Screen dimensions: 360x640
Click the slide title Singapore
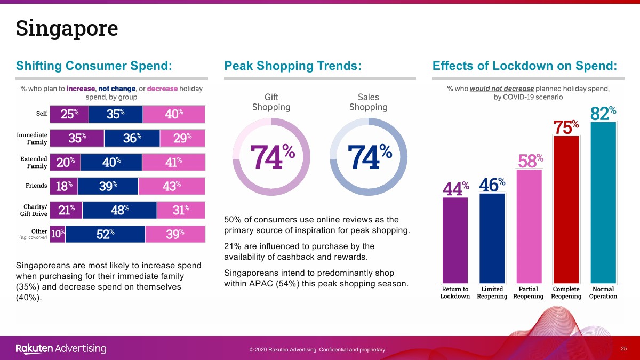coord(67,28)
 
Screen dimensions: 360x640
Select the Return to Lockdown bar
coord(455,240)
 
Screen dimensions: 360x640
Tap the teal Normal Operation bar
coord(603,203)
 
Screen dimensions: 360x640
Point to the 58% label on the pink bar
coord(531,161)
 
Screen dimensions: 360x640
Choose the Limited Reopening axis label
coord(492,293)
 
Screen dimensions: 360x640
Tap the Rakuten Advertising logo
coord(61,349)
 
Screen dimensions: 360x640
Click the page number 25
coord(623,348)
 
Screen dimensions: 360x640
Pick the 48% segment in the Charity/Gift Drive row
coord(119,210)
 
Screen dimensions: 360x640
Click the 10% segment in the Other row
coord(58,234)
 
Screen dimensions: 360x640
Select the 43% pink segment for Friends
coord(171,186)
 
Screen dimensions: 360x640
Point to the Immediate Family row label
coord(32,139)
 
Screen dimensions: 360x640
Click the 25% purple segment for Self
coord(69,114)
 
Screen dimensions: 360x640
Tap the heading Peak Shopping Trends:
coord(293,66)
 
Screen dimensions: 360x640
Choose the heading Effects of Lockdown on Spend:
coord(525,66)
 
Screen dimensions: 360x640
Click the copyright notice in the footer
coord(317,350)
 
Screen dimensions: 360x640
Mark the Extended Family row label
coord(34,163)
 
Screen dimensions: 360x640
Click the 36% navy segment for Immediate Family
coord(132,138)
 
